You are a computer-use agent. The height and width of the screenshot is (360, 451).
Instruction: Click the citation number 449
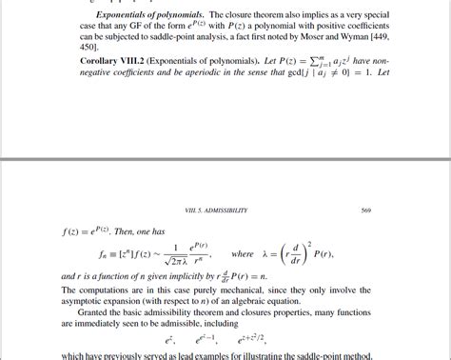412,44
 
